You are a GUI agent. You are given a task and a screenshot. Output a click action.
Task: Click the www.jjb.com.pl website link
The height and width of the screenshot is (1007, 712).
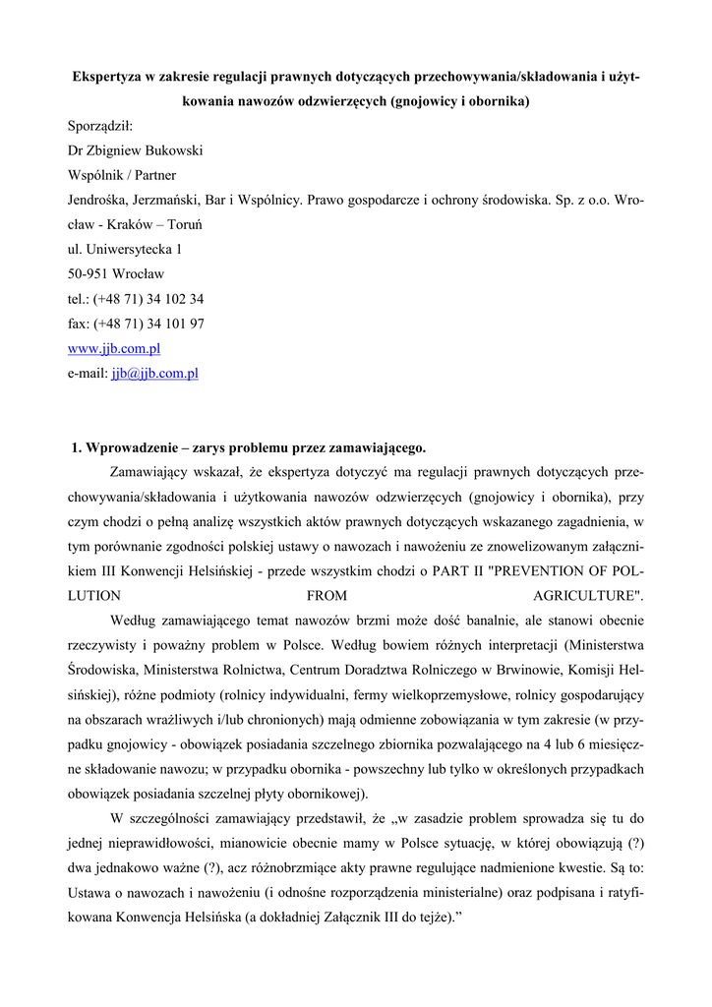[x=114, y=348]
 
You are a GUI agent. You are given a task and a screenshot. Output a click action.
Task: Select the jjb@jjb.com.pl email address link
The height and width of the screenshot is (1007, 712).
[x=154, y=373]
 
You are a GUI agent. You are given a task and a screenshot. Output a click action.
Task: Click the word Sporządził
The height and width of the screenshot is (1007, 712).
[x=100, y=126]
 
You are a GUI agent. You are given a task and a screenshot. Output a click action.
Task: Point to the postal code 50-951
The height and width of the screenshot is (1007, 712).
[x=88, y=274]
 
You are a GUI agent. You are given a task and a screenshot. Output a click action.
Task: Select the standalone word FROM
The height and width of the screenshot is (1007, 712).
[x=326, y=596]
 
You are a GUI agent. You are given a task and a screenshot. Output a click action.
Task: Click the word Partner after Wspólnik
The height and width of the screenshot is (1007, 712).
[x=153, y=175]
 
